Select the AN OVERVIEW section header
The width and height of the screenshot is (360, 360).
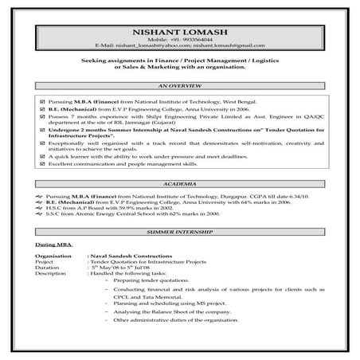[x=179, y=84]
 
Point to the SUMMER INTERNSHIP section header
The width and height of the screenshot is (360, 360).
[x=180, y=231]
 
